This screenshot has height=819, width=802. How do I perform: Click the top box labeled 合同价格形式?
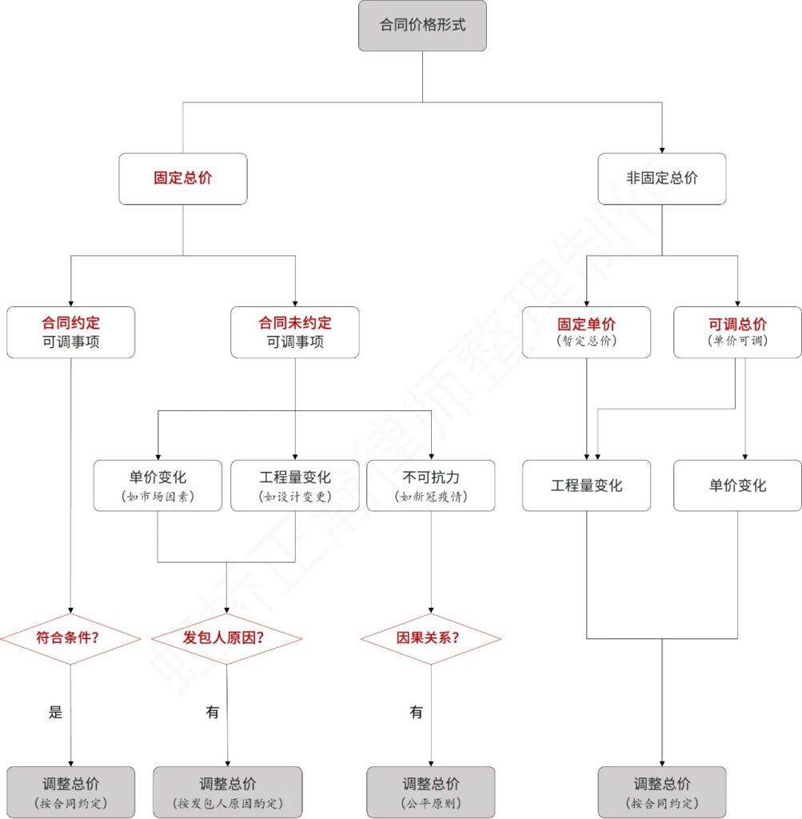(422, 26)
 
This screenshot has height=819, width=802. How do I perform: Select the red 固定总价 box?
(183, 178)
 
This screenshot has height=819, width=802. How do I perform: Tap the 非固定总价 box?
(662, 178)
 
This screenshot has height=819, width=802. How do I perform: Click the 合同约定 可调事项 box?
(71, 332)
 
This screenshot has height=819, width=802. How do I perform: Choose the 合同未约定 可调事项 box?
(295, 332)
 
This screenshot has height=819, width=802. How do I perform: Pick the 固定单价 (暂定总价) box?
(586, 332)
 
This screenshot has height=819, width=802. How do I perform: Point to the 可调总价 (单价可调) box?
(737, 332)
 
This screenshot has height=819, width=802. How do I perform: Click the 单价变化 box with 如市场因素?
(158, 485)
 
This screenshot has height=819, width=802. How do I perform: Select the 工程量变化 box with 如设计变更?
(295, 485)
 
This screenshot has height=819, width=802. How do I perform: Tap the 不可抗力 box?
(432, 485)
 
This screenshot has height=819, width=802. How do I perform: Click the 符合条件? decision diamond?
(71, 639)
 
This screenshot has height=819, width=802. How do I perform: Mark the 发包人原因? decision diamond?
(227, 639)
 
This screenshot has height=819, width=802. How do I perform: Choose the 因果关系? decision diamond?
(432, 639)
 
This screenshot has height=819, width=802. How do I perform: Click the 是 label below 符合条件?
(55, 713)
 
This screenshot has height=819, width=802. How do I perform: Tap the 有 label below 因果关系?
(416, 713)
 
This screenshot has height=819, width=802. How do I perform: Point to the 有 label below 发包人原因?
(212, 713)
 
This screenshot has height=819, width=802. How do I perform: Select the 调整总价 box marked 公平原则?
(432, 792)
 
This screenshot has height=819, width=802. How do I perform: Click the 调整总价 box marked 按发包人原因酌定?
(228, 792)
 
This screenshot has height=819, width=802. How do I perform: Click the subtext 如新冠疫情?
(432, 497)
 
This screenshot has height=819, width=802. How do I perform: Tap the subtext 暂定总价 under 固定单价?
(586, 341)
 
